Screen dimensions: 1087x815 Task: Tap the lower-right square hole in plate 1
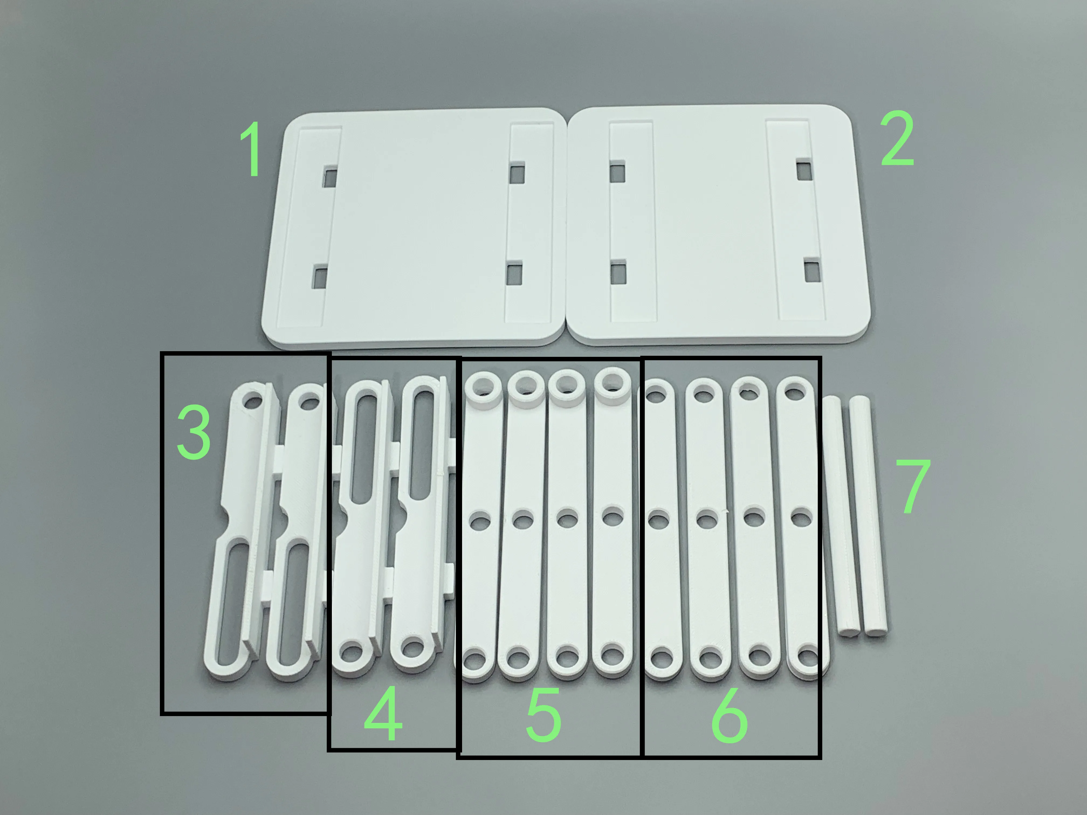tap(514, 274)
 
